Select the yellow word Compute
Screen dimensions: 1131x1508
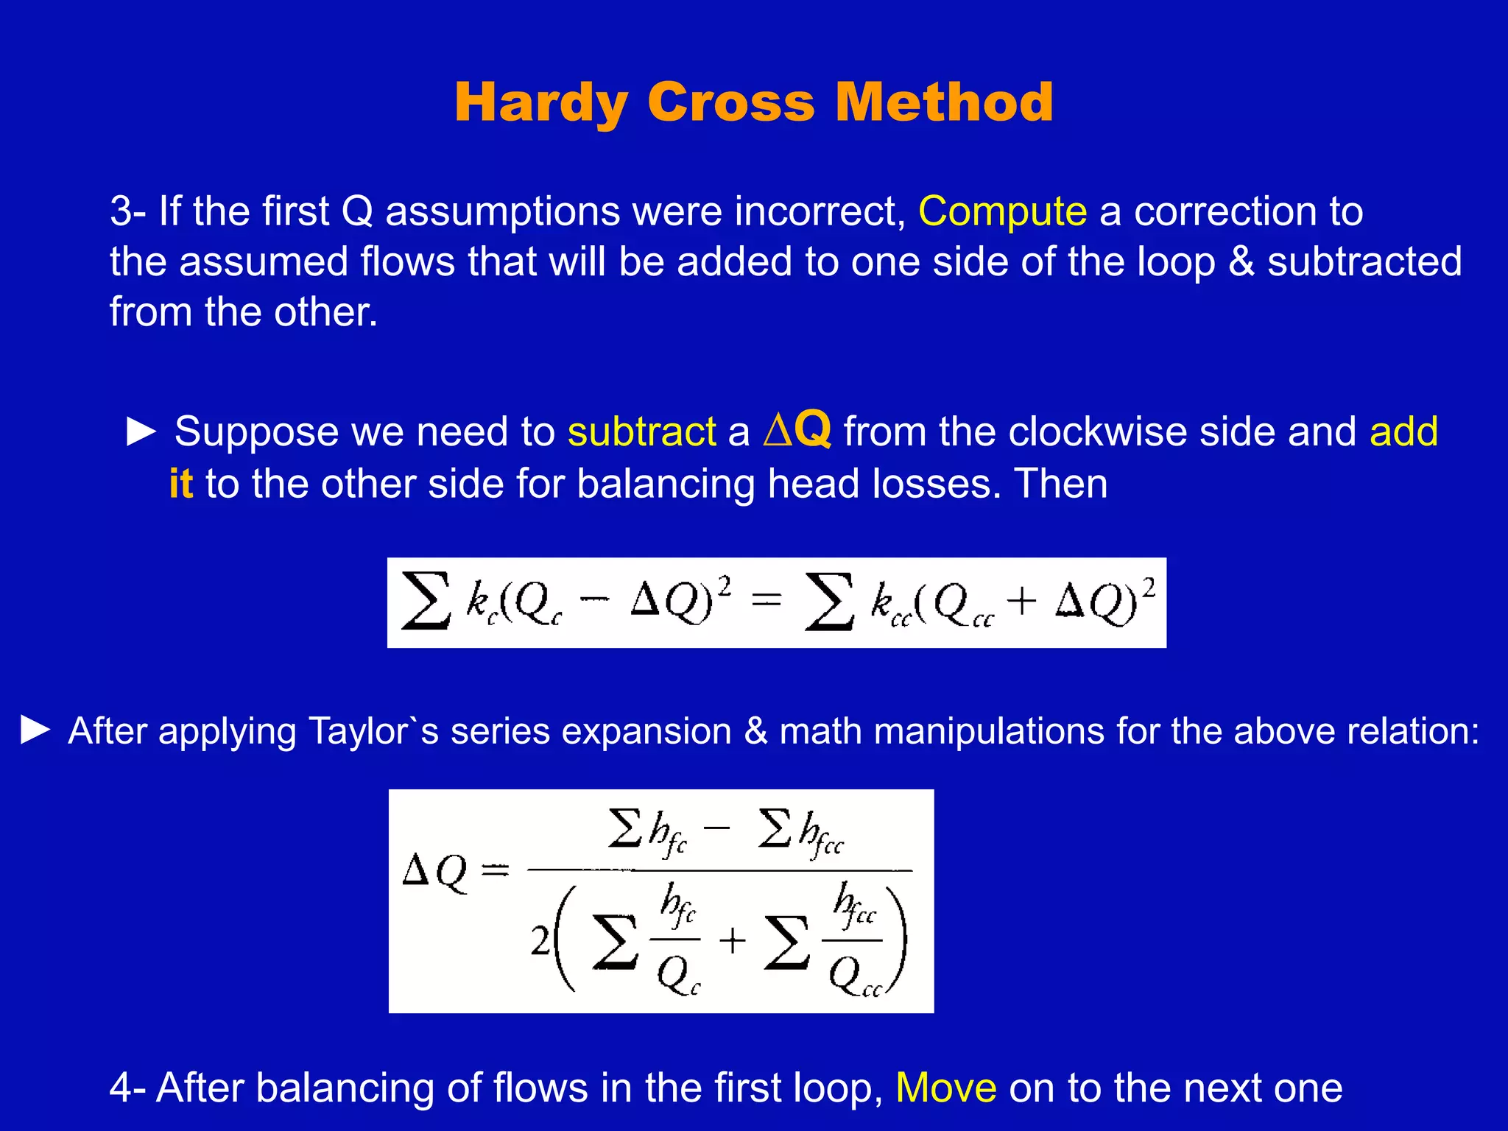[x=1002, y=212]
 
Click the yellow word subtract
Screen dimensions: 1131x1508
[x=641, y=431]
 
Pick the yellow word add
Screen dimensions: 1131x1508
[x=1403, y=431]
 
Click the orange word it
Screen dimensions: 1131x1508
[x=181, y=484]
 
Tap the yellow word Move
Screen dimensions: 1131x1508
[x=946, y=1088]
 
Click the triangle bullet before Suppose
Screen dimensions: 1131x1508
[x=141, y=431]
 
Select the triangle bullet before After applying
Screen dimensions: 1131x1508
[x=35, y=730]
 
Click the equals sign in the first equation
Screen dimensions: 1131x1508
[x=767, y=602]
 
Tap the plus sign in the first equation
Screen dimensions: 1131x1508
[x=1021, y=602]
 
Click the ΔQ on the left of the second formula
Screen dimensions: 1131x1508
[x=434, y=872]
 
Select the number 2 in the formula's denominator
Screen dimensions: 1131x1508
[x=540, y=941]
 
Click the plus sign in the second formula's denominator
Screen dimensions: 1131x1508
[x=732, y=941]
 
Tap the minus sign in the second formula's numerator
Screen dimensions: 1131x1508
[x=716, y=828]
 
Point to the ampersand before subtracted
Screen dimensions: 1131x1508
[x=1241, y=262]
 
